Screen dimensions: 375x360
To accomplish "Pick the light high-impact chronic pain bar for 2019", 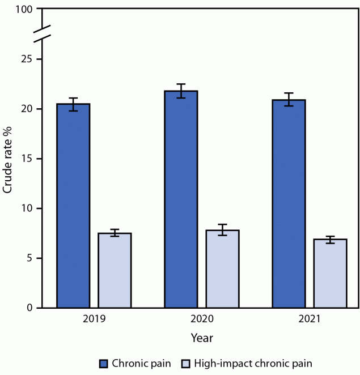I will [x=115, y=270].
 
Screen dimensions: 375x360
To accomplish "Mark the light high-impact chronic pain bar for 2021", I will [x=330, y=274].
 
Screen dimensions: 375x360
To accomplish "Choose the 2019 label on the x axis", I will [x=94, y=319].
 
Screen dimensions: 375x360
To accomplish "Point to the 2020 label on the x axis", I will [x=202, y=319].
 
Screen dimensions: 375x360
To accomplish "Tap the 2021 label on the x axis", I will [x=310, y=319].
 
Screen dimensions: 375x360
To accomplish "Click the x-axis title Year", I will [x=202, y=338].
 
